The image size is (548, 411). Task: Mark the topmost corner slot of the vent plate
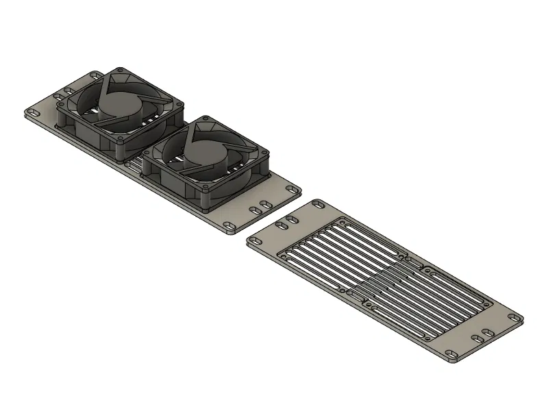pos(319,204)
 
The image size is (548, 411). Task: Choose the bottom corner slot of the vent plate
pos(453,354)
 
